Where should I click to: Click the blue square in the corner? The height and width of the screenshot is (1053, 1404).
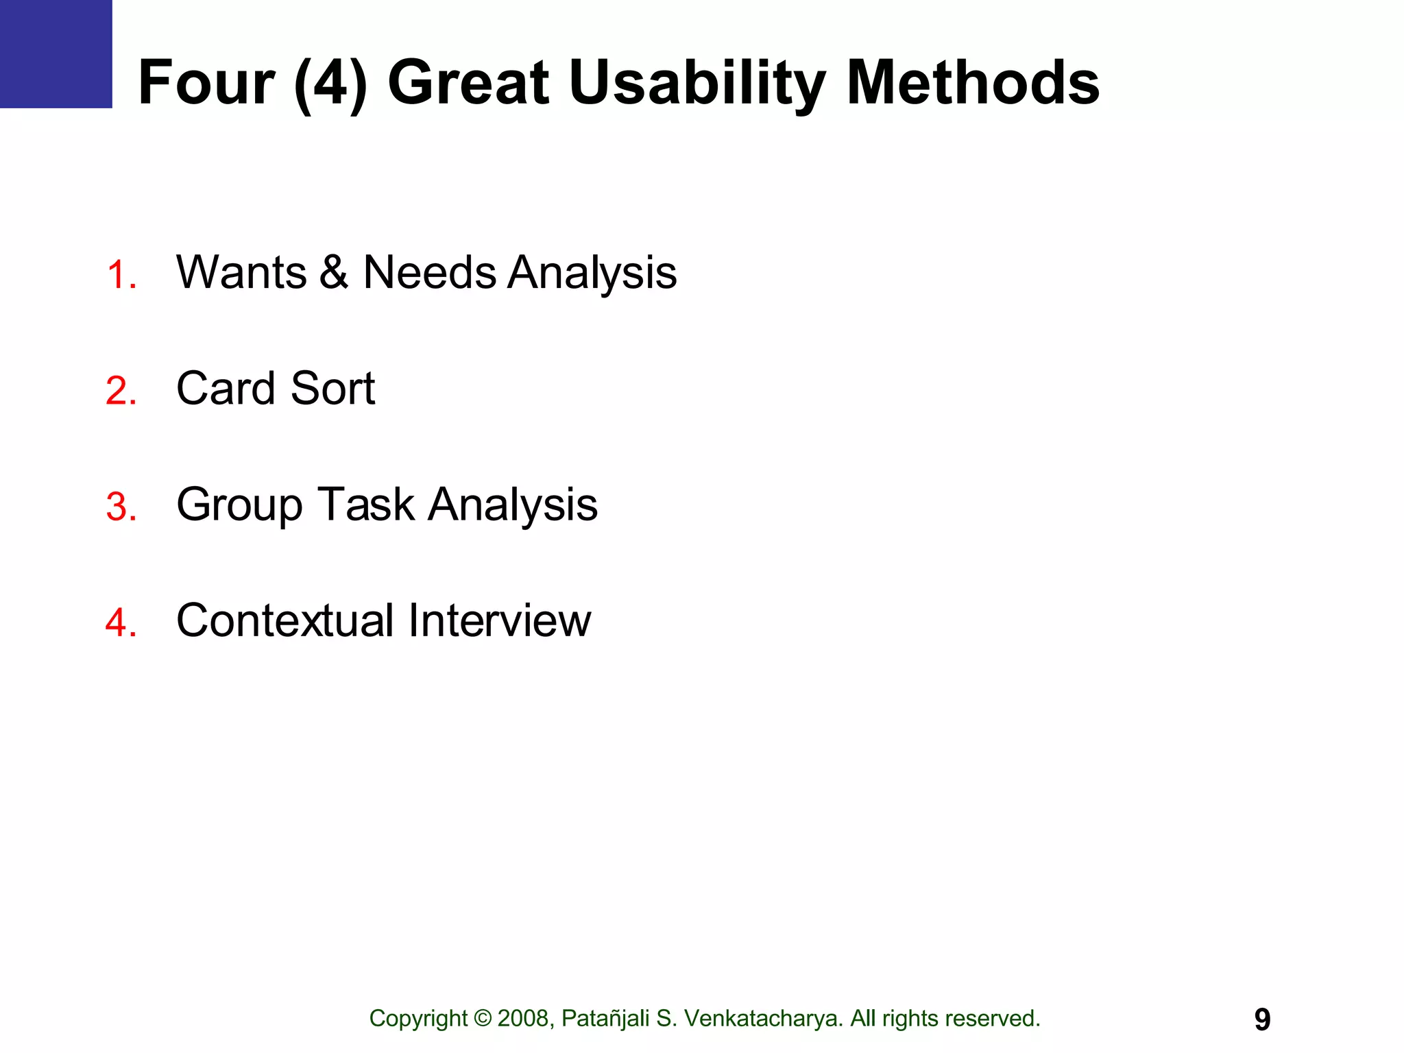tap(56, 53)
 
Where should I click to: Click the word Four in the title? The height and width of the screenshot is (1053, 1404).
tap(206, 83)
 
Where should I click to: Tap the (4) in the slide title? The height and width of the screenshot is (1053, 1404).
tap(330, 83)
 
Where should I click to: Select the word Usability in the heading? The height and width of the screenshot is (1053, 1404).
tap(697, 83)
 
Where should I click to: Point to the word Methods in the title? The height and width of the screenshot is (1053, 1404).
tap(973, 83)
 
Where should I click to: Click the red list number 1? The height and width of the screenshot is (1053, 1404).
tap(121, 275)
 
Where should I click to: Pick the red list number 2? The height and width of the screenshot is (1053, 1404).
tap(121, 391)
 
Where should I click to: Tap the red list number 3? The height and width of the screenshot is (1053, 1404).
tap(121, 507)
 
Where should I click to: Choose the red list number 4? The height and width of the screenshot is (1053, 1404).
tap(121, 622)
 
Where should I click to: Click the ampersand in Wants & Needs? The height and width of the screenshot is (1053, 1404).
tap(334, 272)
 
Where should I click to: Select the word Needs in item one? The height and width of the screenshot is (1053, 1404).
tap(429, 272)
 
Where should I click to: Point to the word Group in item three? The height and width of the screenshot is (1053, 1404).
tap(239, 505)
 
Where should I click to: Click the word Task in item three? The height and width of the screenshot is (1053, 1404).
tap(365, 504)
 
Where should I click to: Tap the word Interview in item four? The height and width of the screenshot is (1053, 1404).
tap(499, 620)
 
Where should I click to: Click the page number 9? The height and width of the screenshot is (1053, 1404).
tap(1262, 1019)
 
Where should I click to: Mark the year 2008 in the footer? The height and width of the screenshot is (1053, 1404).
tap(524, 1019)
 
